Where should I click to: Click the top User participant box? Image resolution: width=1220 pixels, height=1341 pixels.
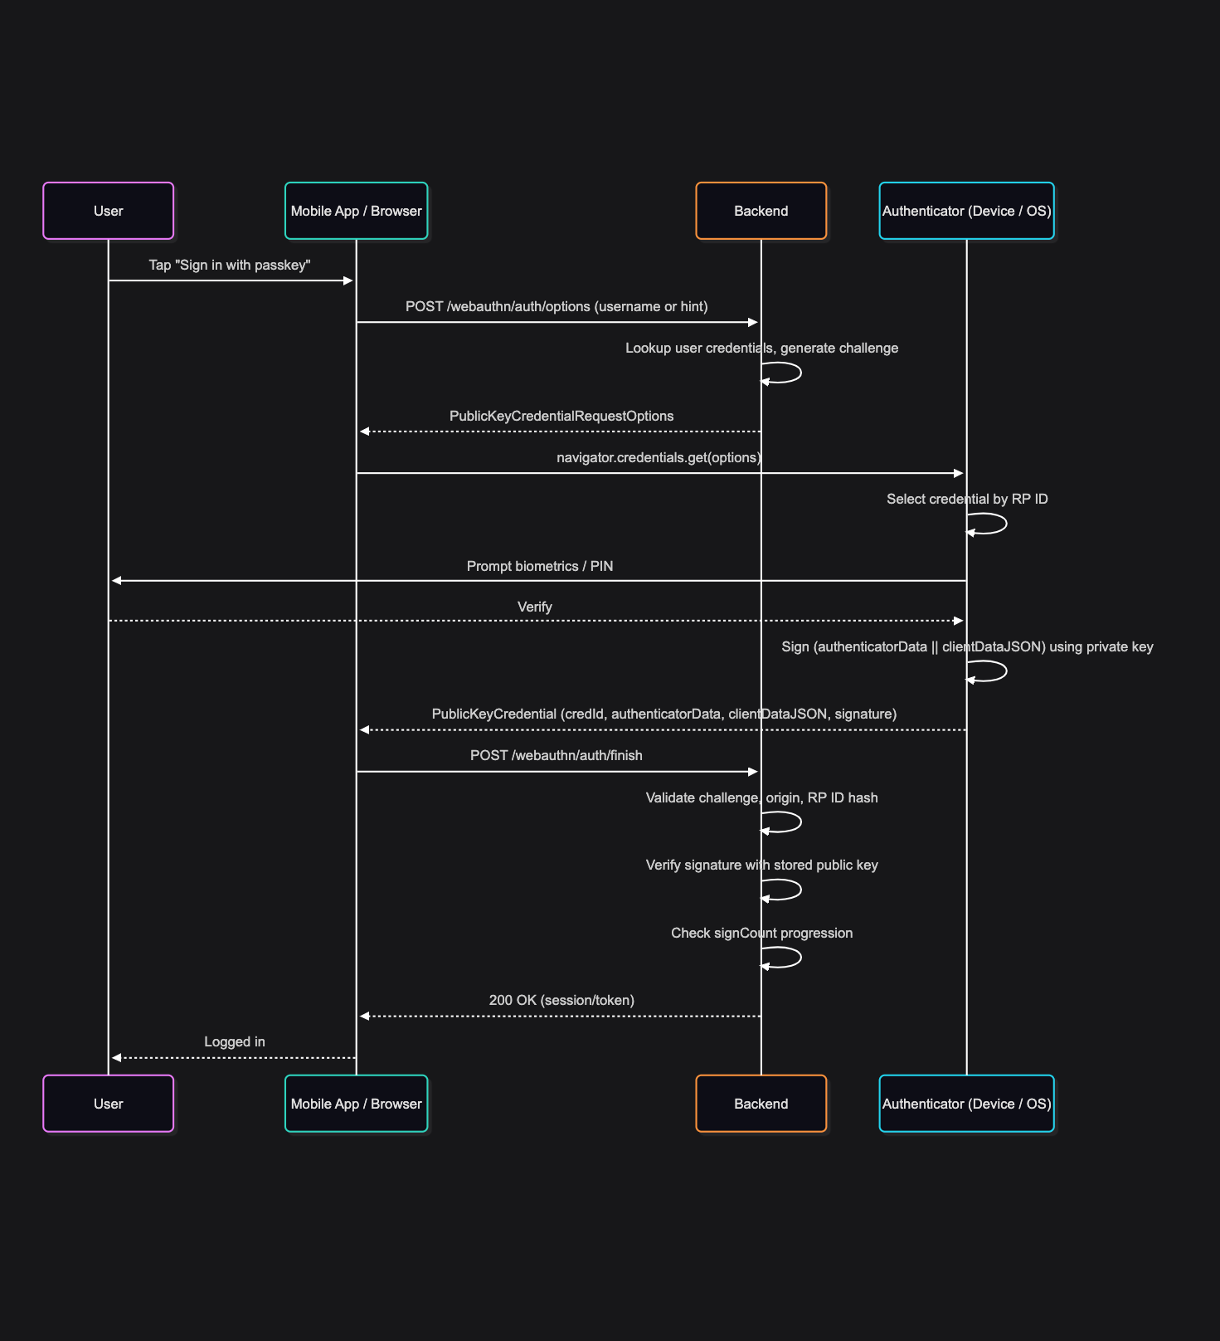(108, 211)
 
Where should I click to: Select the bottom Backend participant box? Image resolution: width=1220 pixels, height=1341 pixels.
(761, 1104)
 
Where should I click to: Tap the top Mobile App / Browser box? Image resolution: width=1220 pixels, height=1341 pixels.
(356, 211)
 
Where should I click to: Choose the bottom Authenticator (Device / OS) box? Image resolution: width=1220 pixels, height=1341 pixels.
(966, 1104)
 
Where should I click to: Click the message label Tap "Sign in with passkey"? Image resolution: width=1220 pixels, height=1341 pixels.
(230, 266)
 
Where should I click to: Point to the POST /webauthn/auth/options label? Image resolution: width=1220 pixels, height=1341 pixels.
(557, 307)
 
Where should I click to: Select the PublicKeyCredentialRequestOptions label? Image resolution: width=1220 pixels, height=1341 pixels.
(561, 417)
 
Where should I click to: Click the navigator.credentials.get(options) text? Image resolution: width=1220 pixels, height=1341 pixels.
(659, 458)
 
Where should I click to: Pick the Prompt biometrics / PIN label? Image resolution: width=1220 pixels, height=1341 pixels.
(540, 567)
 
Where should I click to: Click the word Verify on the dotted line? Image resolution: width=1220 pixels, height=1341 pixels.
(534, 607)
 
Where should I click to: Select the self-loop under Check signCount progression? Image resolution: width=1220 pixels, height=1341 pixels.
(784, 958)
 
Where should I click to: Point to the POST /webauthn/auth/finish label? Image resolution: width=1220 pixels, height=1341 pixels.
(556, 756)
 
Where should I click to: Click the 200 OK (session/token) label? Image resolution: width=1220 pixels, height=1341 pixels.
(561, 1001)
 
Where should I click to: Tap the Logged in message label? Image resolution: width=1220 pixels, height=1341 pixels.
(235, 1042)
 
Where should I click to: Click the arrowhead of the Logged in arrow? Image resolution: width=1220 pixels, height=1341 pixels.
(117, 1058)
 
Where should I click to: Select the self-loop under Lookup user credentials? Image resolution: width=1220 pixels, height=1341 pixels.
(784, 373)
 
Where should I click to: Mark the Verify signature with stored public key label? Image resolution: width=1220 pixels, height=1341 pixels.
(761, 866)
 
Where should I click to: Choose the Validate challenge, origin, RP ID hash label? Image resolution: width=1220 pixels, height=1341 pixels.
(761, 798)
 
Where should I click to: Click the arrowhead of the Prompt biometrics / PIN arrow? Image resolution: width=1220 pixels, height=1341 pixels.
(117, 581)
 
